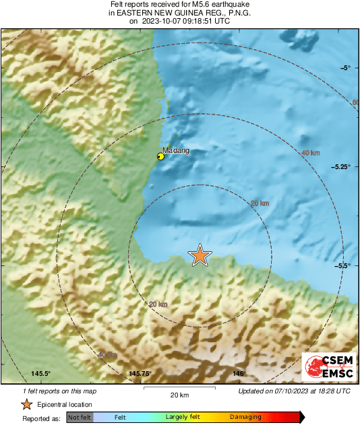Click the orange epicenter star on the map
(x=200, y=255)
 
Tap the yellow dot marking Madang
(x=160, y=156)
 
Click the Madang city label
(x=176, y=151)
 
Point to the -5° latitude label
(x=345, y=68)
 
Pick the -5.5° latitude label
(x=342, y=265)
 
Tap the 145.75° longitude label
(x=140, y=373)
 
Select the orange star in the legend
(x=26, y=404)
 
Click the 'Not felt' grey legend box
(x=80, y=418)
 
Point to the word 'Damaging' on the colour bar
(x=245, y=418)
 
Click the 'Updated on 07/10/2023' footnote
(x=294, y=391)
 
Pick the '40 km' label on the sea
(x=310, y=154)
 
